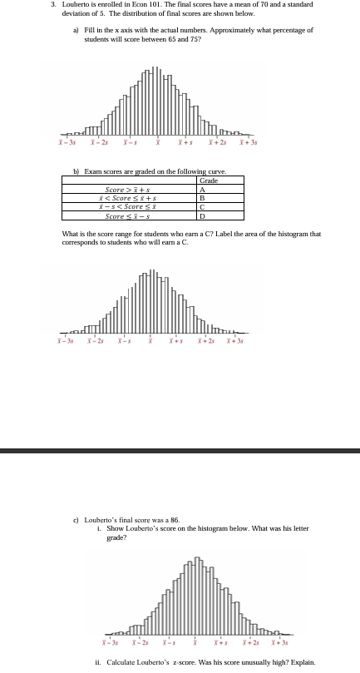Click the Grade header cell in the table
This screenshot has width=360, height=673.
pos(209,181)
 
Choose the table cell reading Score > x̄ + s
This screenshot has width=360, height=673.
pos(134,189)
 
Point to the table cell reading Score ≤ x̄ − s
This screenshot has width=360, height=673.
pos(134,216)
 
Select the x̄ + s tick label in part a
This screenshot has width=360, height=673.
pos(185,143)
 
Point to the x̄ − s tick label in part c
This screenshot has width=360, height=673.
pos(169,645)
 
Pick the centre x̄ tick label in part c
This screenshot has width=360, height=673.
pos(196,645)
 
